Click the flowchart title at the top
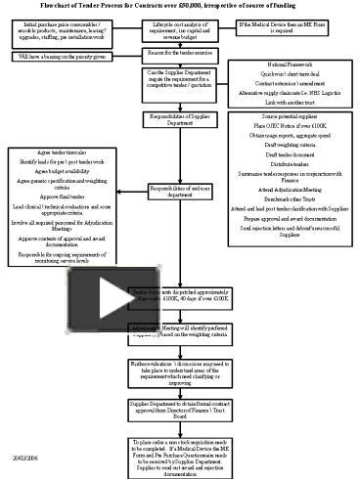pyautogui.click(x=179, y=7)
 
